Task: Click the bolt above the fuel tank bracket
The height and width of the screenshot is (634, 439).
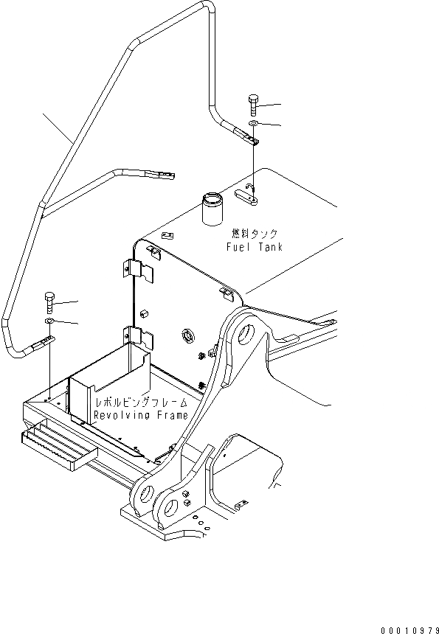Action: [253, 104]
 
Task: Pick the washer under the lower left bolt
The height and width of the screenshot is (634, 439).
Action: [49, 321]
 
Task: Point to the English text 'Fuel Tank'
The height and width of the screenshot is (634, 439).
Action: [254, 248]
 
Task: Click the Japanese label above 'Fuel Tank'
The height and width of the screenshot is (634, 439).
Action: [254, 234]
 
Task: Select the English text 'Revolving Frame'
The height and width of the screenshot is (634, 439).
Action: [140, 416]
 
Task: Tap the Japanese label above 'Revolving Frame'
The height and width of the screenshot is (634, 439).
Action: [140, 403]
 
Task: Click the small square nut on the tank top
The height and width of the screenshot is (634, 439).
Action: [167, 236]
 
